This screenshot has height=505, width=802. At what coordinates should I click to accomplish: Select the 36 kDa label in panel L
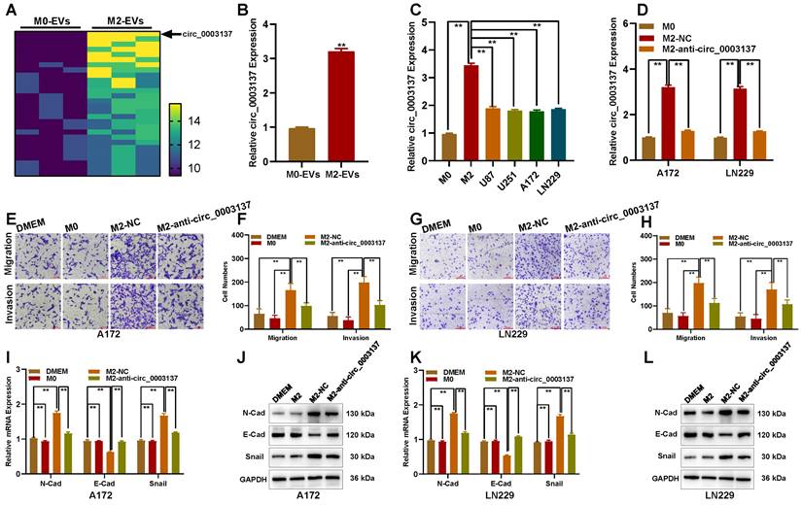coord(774,478)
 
